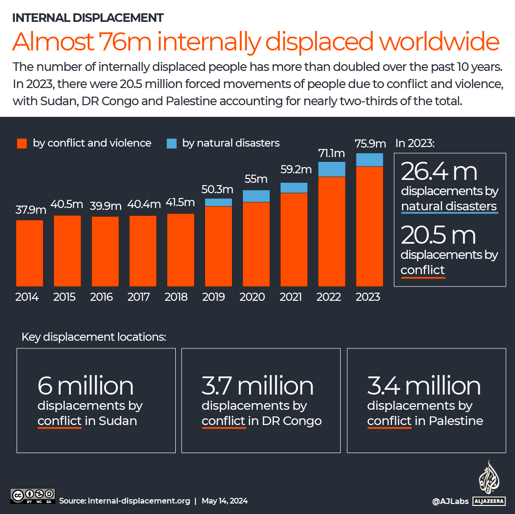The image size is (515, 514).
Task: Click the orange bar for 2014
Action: (30, 253)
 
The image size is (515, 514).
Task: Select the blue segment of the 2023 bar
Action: (369, 160)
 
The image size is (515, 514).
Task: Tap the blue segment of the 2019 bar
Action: (218, 202)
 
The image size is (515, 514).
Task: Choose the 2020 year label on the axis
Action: (252, 297)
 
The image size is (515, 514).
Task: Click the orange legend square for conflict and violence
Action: (22, 143)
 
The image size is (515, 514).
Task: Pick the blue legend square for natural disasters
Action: (172, 143)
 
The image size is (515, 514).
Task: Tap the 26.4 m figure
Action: (439, 172)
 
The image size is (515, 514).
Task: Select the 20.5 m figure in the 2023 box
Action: (438, 236)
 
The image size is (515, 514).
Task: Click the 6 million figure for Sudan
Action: (86, 386)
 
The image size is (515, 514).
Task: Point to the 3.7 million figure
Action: (258, 386)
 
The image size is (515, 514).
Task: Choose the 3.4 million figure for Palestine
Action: (424, 386)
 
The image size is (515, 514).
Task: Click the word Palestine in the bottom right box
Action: (456, 421)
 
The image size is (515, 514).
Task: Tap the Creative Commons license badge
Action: (33, 495)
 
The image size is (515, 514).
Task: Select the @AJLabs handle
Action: (450, 501)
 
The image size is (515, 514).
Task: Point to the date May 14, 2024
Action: (224, 501)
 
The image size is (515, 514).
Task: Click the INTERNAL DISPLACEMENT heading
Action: (88, 18)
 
